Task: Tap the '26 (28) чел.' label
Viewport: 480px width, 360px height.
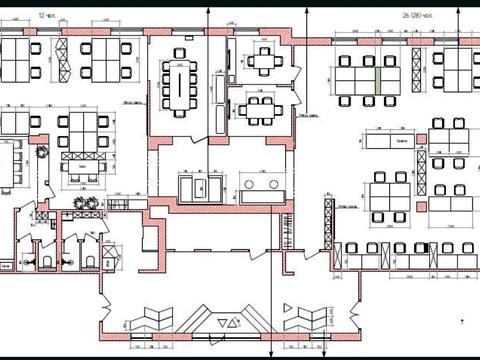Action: click(419, 17)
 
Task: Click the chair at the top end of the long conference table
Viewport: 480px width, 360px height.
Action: click(180, 53)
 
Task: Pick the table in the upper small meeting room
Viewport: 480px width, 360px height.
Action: click(263, 60)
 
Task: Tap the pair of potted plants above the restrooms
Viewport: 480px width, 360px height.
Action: click(86, 203)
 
